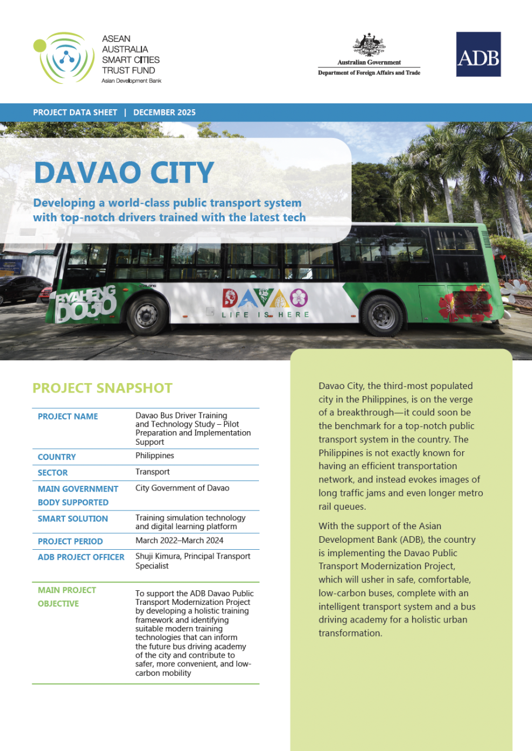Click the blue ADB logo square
pos(479,54)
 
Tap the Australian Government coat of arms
pos(369,45)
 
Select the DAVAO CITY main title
pos(124,172)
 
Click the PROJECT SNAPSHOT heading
pos(102,388)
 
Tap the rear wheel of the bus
pos(382,315)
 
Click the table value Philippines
pos(154,456)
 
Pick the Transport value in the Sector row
pos(152,472)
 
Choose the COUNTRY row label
pos(57,457)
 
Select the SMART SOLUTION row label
pos(73,519)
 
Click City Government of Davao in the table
pos(182,488)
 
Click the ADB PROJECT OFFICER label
pos(81,557)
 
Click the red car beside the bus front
pos(45,292)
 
